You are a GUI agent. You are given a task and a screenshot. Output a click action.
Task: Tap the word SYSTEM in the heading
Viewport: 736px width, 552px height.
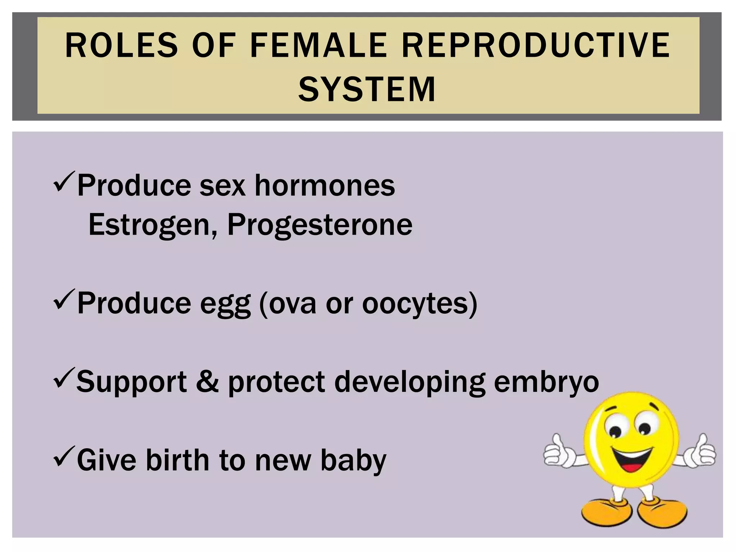click(x=367, y=89)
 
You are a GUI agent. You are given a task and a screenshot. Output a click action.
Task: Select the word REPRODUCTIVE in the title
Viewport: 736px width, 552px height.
click(x=535, y=45)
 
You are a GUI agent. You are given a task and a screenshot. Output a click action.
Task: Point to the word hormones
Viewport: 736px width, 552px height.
click(x=325, y=186)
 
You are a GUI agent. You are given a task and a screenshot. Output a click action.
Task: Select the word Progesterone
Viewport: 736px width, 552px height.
click(x=320, y=225)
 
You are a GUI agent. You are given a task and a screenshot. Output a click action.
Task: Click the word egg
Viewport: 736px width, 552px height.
click(x=225, y=304)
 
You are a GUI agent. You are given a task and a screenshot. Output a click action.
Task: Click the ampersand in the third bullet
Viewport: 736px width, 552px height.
click(x=207, y=381)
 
